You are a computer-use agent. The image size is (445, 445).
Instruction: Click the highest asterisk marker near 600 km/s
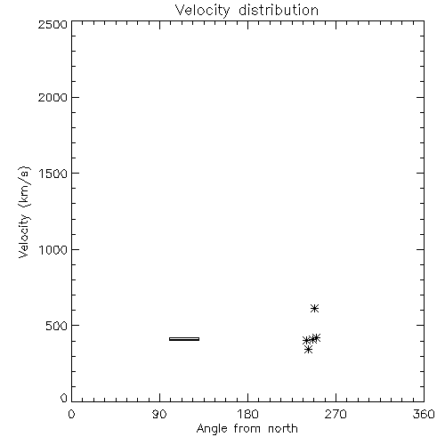(314, 309)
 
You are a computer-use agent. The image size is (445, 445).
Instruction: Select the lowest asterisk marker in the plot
(309, 350)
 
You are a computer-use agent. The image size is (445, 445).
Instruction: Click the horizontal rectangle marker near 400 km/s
(184, 339)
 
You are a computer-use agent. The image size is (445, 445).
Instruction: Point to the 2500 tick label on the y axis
(53, 24)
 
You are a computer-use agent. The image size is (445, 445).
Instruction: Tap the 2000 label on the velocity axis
(53, 97)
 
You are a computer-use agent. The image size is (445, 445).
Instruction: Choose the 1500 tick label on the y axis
(53, 174)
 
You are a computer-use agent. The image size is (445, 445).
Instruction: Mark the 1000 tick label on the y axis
(53, 250)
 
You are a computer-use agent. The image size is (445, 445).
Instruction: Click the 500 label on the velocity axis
(57, 326)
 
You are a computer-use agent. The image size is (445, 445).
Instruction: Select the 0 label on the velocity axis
(64, 398)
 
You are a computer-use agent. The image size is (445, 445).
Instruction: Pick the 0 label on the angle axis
(71, 414)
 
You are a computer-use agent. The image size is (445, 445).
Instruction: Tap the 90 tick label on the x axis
(159, 414)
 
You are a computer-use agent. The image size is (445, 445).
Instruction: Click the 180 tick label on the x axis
(247, 414)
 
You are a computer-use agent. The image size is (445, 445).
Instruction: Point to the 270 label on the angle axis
(336, 414)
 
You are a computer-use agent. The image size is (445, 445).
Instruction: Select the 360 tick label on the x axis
(424, 414)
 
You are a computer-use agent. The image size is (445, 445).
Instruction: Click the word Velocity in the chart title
(203, 11)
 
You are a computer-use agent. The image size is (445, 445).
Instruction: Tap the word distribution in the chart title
(279, 10)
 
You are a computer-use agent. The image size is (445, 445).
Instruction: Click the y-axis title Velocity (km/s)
(24, 213)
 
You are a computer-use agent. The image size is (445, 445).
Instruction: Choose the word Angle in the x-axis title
(212, 429)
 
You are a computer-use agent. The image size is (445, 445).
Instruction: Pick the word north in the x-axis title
(283, 429)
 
